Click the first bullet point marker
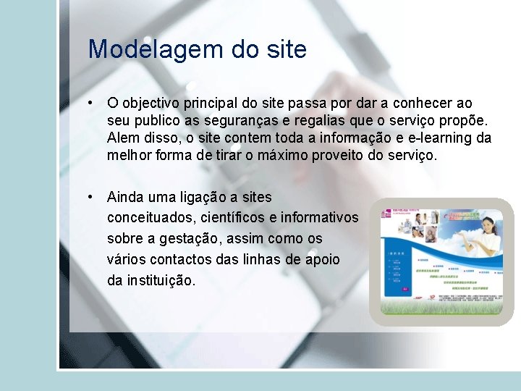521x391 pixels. pyautogui.click(x=90, y=104)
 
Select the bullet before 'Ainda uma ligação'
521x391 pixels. pyautogui.click(x=90, y=197)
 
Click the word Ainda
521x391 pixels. pyautogui.click(x=124, y=197)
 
